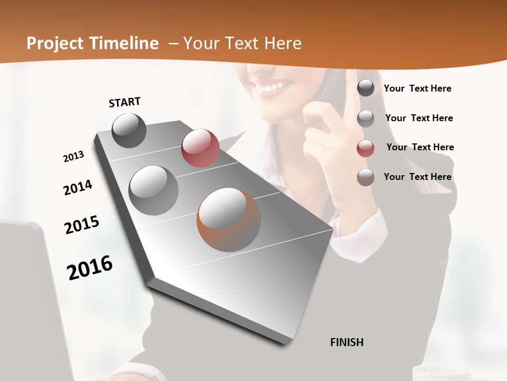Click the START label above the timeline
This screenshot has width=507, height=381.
(125, 102)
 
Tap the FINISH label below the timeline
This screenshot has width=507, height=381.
(346, 342)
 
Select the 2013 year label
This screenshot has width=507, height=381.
(73, 157)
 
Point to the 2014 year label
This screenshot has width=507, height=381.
(78, 188)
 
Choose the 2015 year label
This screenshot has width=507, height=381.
(82, 225)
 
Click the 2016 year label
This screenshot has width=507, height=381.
(90, 268)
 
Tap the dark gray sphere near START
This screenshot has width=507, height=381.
(129, 130)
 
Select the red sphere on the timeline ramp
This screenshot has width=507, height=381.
(200, 148)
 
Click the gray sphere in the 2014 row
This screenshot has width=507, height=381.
(154, 190)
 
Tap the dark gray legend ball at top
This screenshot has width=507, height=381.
(365, 88)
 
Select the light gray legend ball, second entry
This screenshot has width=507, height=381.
(365, 119)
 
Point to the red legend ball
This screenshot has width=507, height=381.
(365, 148)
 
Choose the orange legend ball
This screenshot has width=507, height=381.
(365, 177)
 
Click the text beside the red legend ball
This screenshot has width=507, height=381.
(420, 147)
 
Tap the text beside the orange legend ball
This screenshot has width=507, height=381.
(417, 177)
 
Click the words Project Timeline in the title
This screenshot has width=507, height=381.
(92, 43)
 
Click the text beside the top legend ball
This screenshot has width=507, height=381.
(417, 88)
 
